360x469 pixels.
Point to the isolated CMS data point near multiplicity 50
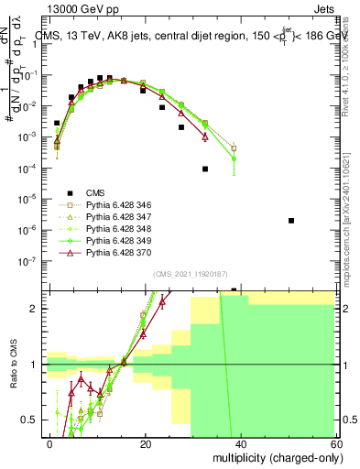290,221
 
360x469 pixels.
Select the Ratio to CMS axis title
12,366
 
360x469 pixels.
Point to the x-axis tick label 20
146,444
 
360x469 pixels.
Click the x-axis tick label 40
240,444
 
